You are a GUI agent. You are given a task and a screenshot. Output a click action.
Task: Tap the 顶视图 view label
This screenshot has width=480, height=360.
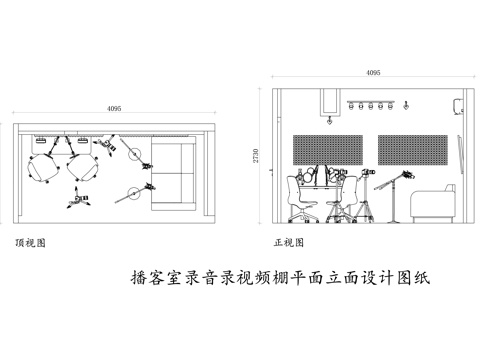29,242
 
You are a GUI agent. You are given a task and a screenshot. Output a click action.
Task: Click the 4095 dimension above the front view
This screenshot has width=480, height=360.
372,73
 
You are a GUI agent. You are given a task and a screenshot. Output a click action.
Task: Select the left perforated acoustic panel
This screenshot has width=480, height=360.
327,150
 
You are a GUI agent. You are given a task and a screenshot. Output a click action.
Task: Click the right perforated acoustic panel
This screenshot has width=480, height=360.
413,150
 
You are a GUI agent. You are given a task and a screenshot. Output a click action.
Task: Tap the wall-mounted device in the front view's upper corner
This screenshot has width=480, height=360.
456,104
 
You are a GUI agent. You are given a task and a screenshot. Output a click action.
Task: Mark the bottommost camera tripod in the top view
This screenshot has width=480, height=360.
77,201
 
